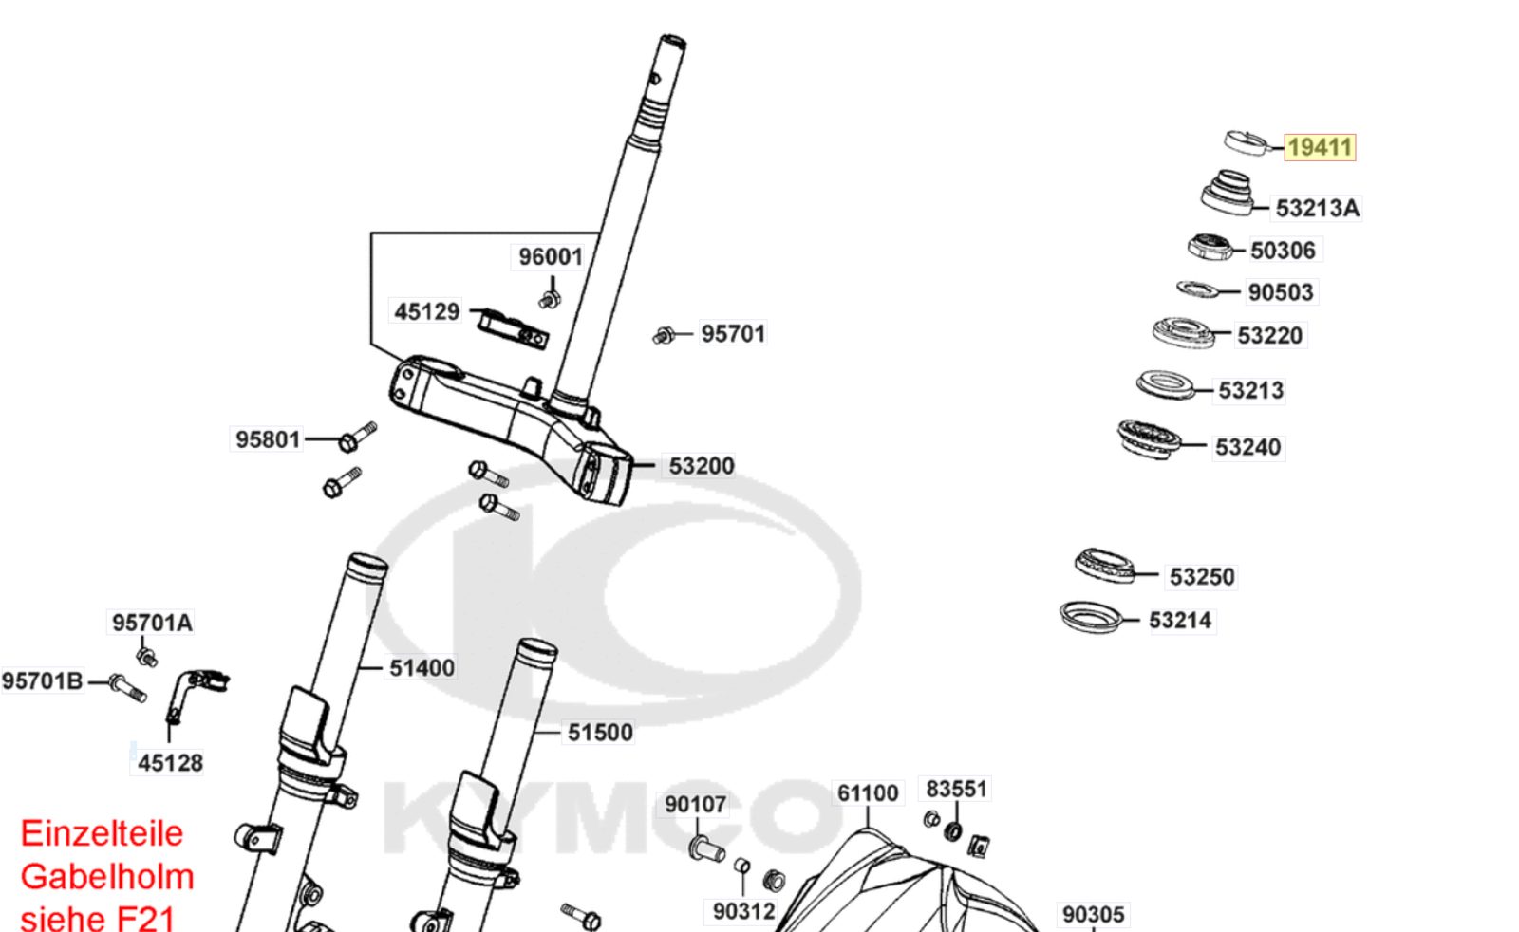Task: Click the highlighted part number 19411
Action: tap(1320, 147)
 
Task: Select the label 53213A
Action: tap(1317, 208)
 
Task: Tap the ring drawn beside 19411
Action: tap(1246, 143)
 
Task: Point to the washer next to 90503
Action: tap(1197, 289)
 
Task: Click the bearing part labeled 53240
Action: tap(1149, 439)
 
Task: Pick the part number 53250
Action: tap(1202, 577)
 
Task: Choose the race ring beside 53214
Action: tap(1090, 618)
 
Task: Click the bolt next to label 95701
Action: tap(664, 335)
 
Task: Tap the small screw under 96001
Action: tap(550, 299)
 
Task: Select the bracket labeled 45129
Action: tap(512, 328)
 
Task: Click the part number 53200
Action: tap(702, 466)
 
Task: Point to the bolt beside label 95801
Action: tap(357, 437)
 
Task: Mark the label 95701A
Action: tap(152, 623)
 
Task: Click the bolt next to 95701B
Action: tap(127, 688)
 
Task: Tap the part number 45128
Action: tap(170, 763)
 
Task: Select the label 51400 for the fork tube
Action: tap(422, 668)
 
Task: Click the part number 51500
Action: tap(599, 733)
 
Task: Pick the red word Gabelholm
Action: tap(107, 877)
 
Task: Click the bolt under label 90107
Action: tap(706, 848)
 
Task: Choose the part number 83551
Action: tap(956, 789)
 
